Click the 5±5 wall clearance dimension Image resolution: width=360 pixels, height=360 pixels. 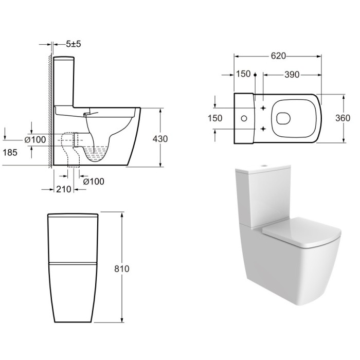coord(74,44)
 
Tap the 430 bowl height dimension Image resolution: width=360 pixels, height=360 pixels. coord(160,139)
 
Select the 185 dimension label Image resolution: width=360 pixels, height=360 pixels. coord(10,152)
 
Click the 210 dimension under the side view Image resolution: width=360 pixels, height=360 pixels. coord(64,189)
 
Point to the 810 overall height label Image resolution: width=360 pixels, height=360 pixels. coord(122,268)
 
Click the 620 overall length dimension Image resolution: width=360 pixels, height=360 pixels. coord(278,56)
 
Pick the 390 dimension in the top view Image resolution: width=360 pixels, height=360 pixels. coord(292,75)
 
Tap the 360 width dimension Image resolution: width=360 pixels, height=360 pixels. coord(343,118)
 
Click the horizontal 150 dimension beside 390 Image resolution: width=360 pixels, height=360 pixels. coord(243,74)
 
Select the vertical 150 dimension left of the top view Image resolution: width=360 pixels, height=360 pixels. coord(215,118)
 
